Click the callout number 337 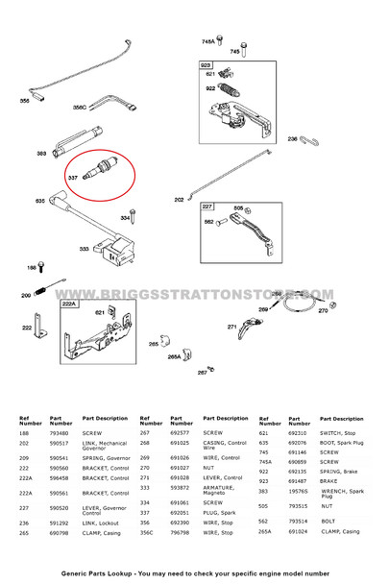[x=71, y=177]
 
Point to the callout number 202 [x=179, y=200]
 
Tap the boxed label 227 [x=207, y=207]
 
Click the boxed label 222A [x=69, y=303]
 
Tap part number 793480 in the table [x=61, y=433]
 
